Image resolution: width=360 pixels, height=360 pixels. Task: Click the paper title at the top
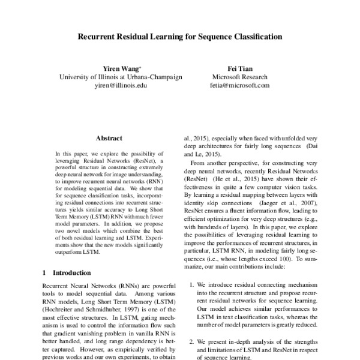click(x=180, y=37)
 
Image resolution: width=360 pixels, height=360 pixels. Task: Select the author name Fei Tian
click(x=241, y=69)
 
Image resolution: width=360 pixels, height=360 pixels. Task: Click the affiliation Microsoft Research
click(x=241, y=77)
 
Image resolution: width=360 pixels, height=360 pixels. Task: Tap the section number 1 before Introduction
click(x=45, y=272)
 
